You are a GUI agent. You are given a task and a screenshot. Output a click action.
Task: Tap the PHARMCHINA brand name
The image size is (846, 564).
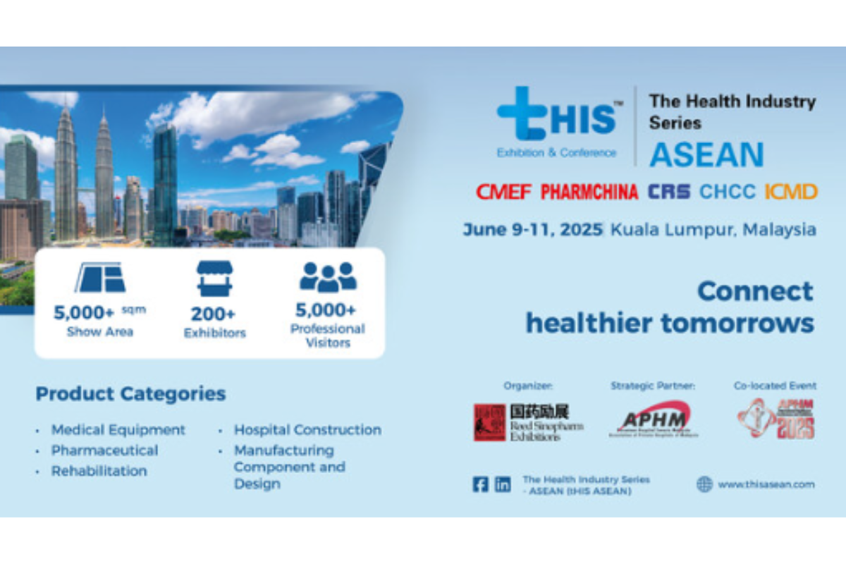589,191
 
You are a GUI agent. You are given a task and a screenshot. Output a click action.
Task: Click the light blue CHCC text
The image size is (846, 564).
727,191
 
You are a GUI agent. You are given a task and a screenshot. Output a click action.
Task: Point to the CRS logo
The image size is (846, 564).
669,191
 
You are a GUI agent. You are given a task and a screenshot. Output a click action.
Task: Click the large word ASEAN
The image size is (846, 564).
706,154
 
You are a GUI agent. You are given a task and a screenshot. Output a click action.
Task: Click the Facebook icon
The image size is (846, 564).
480,484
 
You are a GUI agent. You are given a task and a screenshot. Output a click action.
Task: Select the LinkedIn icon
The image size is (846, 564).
503,484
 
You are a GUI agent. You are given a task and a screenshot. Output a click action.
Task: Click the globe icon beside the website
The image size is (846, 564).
704,484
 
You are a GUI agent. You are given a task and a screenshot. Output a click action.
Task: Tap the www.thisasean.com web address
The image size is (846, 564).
766,484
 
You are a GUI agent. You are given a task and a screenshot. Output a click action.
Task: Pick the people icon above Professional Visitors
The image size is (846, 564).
328,278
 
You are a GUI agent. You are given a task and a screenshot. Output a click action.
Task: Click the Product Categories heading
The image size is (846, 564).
130,393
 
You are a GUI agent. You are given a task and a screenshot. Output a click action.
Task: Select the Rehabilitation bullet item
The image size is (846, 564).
99,471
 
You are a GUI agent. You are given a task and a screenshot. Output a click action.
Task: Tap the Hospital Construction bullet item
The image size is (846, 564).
307,429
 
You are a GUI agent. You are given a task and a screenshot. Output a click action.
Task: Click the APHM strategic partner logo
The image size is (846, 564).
653,419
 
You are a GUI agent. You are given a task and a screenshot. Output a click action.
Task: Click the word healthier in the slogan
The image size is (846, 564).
589,323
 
